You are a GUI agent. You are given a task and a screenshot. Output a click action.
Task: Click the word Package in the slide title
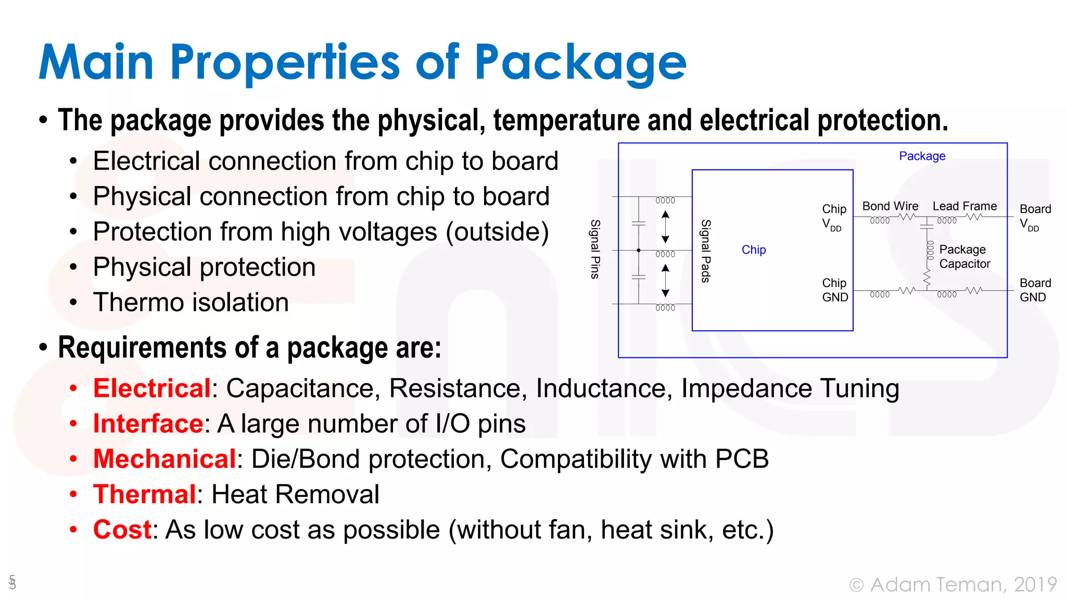[x=580, y=64]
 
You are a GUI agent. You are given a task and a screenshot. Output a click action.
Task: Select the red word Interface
[x=148, y=423]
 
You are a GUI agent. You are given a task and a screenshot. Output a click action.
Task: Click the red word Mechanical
[x=164, y=459]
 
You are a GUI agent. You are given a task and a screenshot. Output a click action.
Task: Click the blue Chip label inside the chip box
[x=753, y=250]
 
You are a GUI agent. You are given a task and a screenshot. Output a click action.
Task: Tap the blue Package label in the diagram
[x=922, y=156]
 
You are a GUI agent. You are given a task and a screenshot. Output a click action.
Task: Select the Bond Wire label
[x=890, y=206]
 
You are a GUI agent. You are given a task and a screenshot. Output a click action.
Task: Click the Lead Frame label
[x=965, y=206]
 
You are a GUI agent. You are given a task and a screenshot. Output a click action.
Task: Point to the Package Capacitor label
[x=964, y=257]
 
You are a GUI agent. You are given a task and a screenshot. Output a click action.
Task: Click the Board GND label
[x=1035, y=290]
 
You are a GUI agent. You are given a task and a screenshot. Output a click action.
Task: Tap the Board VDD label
[x=1035, y=217]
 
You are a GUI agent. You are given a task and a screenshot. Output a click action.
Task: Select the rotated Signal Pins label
[x=595, y=249]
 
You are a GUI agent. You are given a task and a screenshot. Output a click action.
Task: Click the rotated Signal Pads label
[x=705, y=251]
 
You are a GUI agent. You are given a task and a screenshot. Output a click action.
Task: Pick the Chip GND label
[x=834, y=290]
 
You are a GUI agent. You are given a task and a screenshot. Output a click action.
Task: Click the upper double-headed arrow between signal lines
[x=665, y=227]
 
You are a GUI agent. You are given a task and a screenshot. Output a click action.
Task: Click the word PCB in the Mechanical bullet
[x=742, y=459]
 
